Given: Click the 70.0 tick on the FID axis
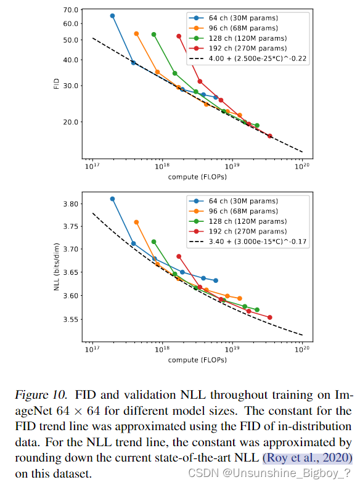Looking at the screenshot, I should pyautogui.click(x=71, y=10).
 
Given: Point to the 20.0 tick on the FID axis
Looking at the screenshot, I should pyautogui.click(x=71, y=122).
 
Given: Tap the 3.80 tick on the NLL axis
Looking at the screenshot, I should pyautogui.click(x=71, y=204).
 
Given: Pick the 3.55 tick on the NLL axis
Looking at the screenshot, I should pyautogui.click(x=71, y=319).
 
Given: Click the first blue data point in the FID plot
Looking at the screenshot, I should pyautogui.click(x=112, y=15).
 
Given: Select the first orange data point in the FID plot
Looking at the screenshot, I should pyautogui.click(x=136, y=33).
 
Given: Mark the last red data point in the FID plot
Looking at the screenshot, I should pyautogui.click(x=269, y=136).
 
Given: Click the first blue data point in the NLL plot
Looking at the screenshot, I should pyautogui.click(x=112, y=198).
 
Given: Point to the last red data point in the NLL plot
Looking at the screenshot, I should pyautogui.click(x=269, y=317).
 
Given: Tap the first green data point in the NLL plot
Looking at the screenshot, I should pyautogui.click(x=153, y=242).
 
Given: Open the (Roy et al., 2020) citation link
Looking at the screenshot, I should pyautogui.click(x=307, y=457).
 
